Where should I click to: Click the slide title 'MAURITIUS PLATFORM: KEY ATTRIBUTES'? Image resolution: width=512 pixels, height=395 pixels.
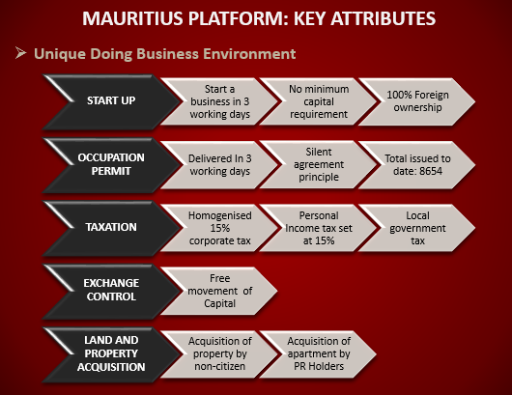[x=259, y=18]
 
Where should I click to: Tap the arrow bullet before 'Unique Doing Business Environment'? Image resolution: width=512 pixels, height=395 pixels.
[x=20, y=53]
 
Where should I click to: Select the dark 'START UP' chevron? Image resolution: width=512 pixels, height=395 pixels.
[x=111, y=101]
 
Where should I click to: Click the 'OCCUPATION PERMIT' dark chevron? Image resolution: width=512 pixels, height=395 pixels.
[x=111, y=165]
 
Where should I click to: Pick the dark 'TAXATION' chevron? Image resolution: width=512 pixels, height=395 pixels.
[x=111, y=228]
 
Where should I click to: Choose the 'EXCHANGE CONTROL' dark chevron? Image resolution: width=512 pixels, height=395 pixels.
[x=111, y=291]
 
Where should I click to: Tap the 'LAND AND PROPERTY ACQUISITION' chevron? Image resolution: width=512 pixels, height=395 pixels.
[x=111, y=354]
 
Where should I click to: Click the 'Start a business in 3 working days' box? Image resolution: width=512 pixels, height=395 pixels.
[x=219, y=101]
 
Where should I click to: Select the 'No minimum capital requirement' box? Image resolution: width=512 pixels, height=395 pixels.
[x=319, y=101]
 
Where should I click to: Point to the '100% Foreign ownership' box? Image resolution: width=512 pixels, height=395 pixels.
[x=417, y=101]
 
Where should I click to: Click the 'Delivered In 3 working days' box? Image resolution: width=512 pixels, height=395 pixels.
[x=219, y=165]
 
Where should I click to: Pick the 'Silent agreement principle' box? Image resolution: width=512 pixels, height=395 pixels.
[x=319, y=165]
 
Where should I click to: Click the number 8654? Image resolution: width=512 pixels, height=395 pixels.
[x=430, y=171]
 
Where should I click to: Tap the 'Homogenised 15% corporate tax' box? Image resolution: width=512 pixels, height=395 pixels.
[x=219, y=228]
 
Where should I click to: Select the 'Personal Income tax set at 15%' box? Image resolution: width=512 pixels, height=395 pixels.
[x=319, y=228]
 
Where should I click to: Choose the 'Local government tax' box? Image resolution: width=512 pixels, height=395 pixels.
[x=417, y=228]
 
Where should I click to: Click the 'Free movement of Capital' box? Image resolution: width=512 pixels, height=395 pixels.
[x=219, y=291]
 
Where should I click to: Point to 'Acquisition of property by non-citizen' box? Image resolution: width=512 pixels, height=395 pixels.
[x=219, y=354]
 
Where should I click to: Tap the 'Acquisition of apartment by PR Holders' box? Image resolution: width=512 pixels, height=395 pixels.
[x=319, y=354]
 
